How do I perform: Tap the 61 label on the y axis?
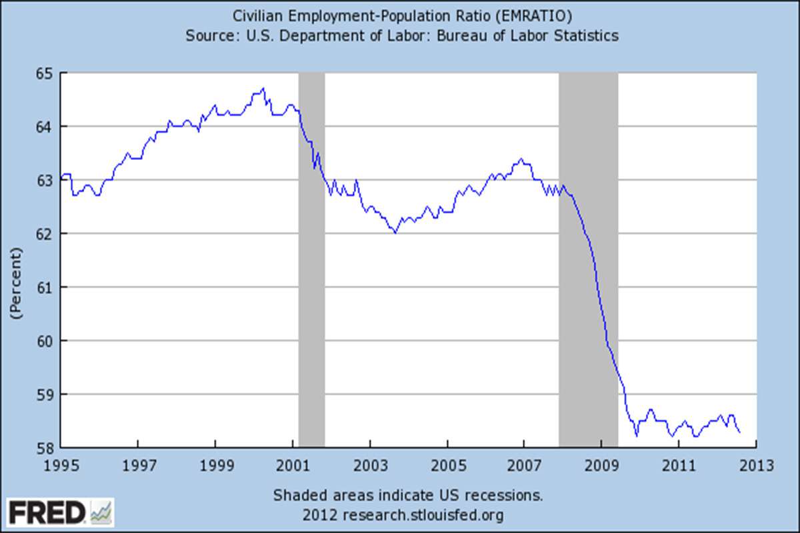click(x=47, y=287)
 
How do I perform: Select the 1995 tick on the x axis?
click(x=60, y=464)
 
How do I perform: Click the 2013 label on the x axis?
click(x=756, y=464)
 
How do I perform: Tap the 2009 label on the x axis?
click(x=601, y=464)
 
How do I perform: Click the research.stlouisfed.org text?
click(x=423, y=515)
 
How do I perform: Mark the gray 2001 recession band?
click(x=311, y=260)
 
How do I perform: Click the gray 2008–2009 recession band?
click(x=588, y=260)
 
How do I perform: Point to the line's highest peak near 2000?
click(x=263, y=88)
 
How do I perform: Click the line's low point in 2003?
click(x=395, y=233)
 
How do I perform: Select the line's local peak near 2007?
click(x=521, y=159)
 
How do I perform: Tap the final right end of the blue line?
click(x=739, y=432)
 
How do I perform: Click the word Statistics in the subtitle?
click(x=585, y=35)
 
